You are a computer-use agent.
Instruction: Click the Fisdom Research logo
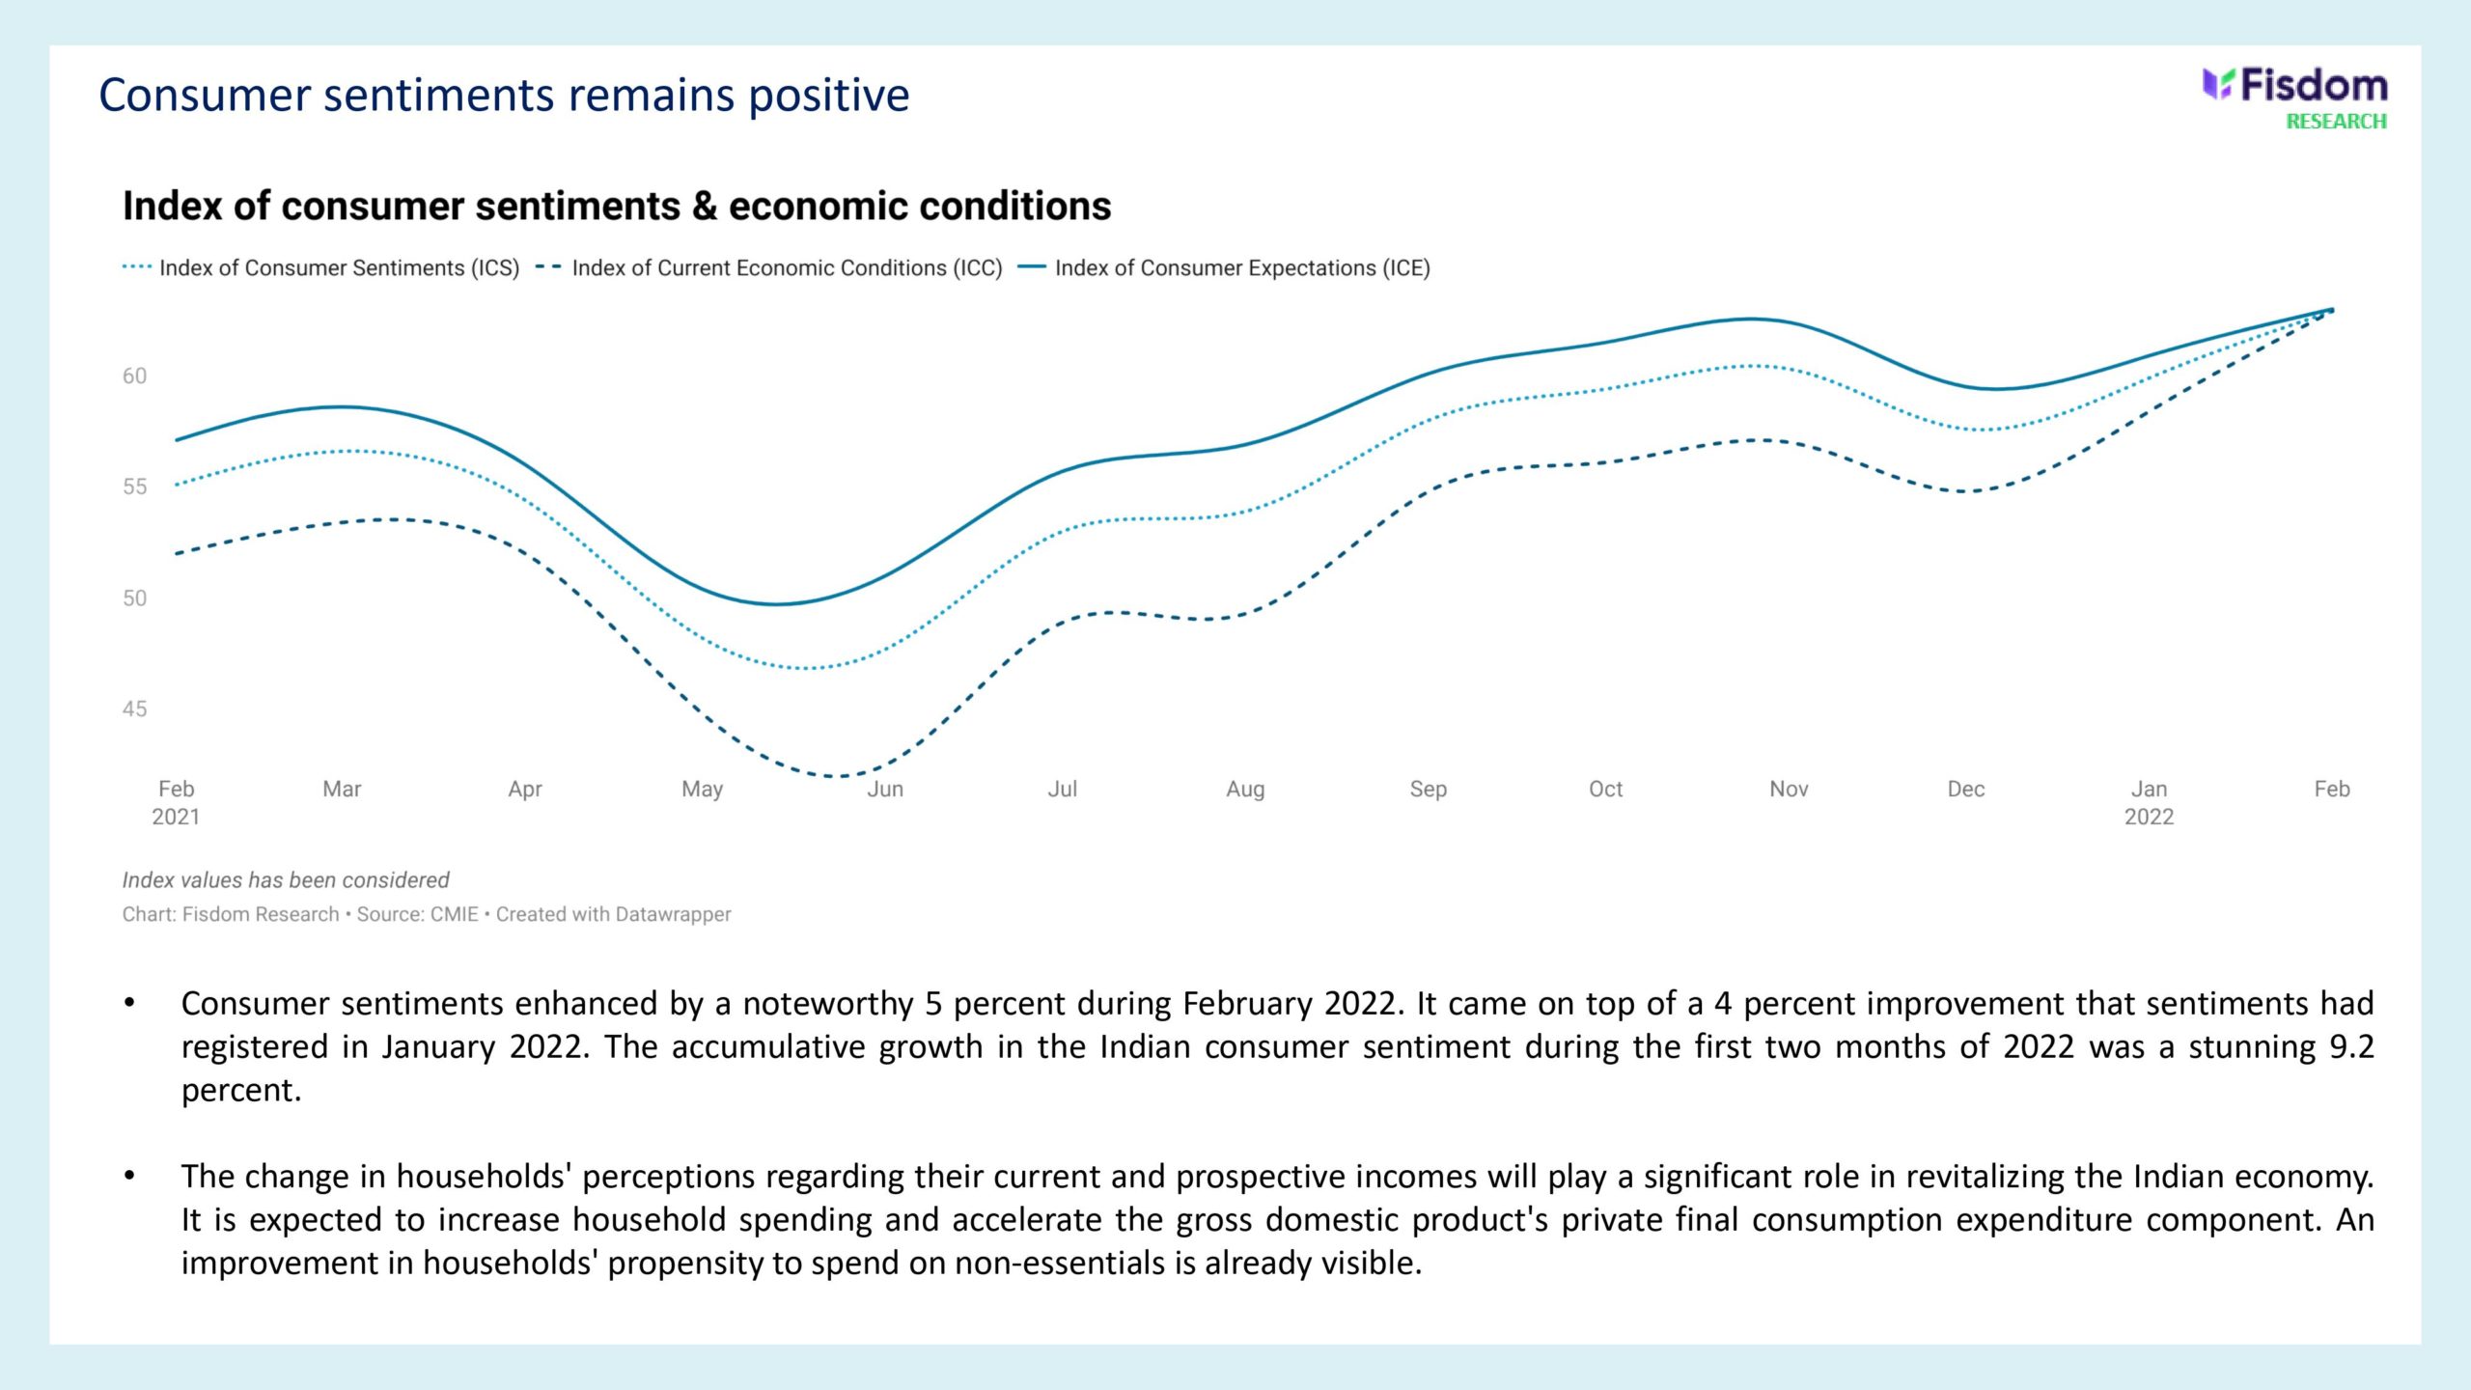[2294, 97]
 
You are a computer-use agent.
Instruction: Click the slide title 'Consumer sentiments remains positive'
[504, 96]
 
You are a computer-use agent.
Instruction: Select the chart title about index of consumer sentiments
[617, 207]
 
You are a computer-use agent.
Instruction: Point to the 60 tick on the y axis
[134, 376]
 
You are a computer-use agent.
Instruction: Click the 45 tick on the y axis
[134, 709]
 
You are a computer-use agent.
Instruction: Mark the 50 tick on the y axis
[134, 598]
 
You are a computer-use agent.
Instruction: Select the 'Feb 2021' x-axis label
[176, 803]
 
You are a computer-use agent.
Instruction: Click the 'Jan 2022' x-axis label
[2149, 803]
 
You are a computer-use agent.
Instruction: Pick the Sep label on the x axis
[1428, 790]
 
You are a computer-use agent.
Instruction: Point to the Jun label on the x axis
[885, 790]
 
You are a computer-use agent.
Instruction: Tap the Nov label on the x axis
[1788, 790]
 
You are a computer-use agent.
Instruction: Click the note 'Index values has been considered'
[286, 880]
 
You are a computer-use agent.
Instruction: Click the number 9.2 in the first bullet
[2351, 1047]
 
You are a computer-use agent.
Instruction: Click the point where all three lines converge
[2331, 310]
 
